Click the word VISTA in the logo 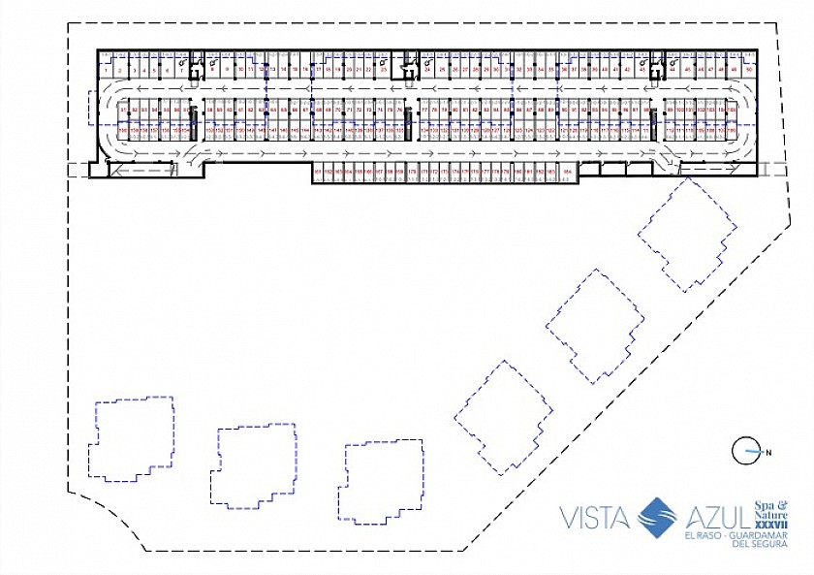point(594,518)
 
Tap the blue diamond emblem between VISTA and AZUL point(658,517)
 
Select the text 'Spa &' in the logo point(771,504)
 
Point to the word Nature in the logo point(771,515)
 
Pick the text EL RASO point(703,535)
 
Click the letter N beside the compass point(767,452)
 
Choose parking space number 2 point(120,71)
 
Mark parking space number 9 point(227,70)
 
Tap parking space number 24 point(427,70)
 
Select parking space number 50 point(748,70)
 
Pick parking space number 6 point(167,71)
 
